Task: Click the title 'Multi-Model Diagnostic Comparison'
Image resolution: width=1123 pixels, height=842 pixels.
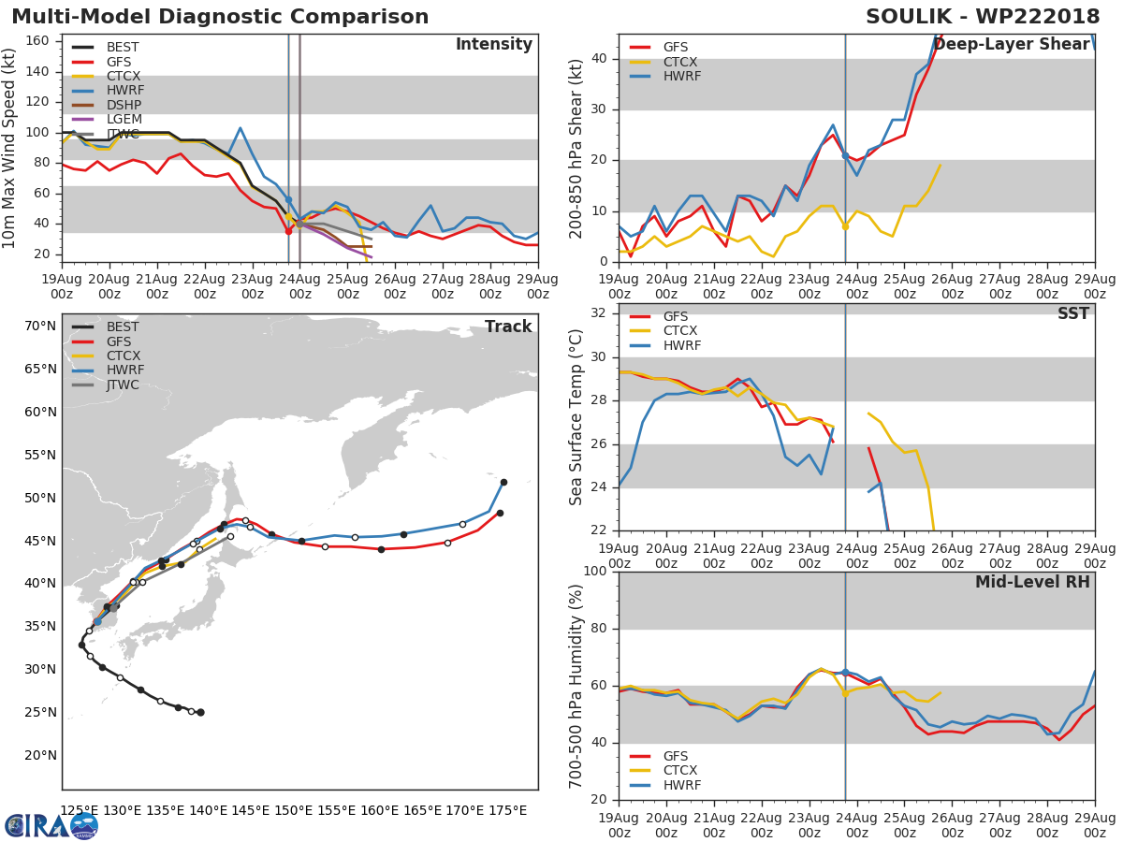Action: (220, 17)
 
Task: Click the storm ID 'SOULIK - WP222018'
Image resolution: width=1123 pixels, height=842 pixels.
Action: (983, 17)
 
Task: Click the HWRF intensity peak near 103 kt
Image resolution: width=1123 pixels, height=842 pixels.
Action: (240, 128)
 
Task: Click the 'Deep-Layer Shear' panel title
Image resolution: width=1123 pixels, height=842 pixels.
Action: (1012, 45)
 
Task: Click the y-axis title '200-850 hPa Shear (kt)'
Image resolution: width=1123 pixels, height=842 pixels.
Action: (576, 149)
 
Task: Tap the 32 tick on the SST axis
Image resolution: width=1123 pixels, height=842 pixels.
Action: (599, 312)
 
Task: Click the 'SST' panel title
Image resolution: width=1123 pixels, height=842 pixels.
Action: (1073, 313)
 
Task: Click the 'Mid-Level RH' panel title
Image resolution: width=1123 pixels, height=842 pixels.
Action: (1032, 582)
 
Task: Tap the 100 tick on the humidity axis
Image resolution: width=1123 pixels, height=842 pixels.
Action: (595, 571)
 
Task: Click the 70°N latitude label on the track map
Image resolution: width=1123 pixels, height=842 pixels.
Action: (40, 327)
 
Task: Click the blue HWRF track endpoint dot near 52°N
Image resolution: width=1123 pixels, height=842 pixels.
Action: (503, 482)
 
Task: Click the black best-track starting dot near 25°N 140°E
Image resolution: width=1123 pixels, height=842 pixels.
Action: (200, 712)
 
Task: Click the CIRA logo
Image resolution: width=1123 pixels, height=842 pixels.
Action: (51, 826)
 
